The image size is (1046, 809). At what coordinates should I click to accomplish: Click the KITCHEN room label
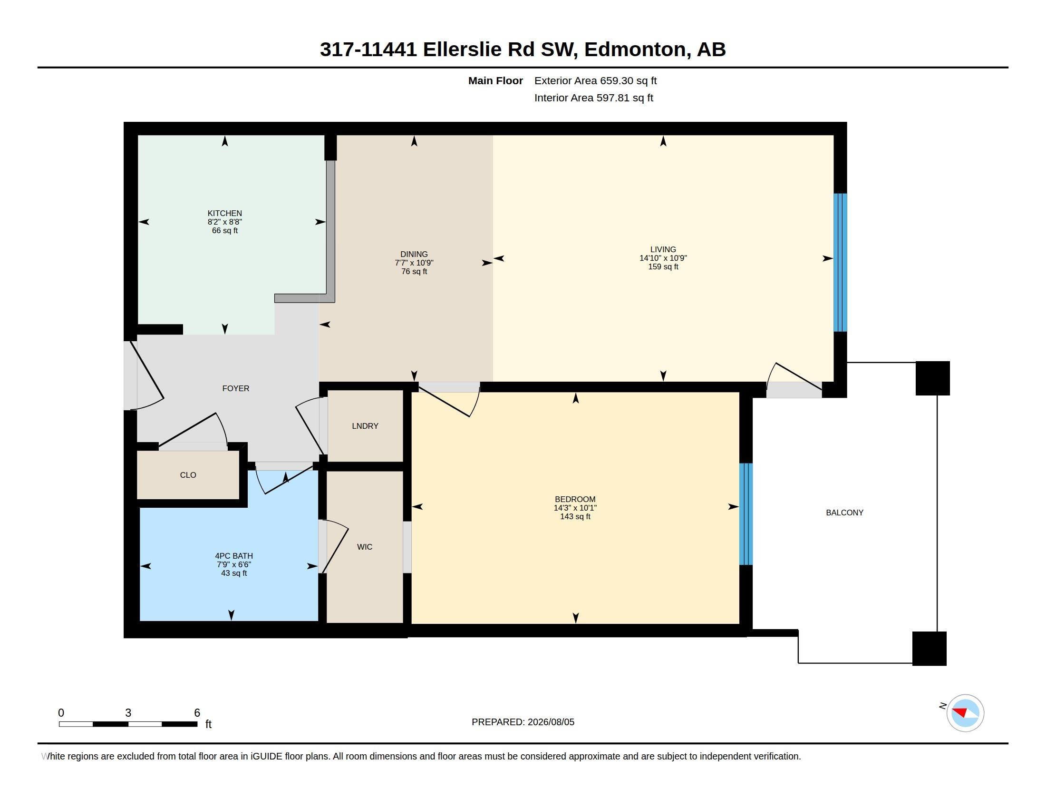(x=224, y=213)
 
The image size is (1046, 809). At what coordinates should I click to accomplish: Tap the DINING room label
(x=414, y=255)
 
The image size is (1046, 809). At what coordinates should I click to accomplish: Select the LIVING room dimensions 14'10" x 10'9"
(x=663, y=258)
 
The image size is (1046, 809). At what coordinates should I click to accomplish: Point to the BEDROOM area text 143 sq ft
(x=575, y=517)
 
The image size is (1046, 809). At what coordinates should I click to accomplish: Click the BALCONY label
(x=845, y=513)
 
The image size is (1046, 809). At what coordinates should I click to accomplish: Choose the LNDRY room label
(x=365, y=426)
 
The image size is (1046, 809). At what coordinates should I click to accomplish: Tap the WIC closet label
(x=365, y=547)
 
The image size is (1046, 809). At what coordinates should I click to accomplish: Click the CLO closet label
(x=188, y=475)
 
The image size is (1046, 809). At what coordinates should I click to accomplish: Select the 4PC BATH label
(x=234, y=556)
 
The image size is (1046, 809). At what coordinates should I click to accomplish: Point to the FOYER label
(x=236, y=388)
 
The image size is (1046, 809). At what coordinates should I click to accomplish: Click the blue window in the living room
(x=840, y=263)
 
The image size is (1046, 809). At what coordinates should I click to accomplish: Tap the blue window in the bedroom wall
(x=746, y=514)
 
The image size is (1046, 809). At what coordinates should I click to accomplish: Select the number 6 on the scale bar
(x=197, y=713)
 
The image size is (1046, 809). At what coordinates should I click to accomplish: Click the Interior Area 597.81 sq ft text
(x=593, y=98)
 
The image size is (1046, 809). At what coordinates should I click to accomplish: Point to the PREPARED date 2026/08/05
(x=551, y=722)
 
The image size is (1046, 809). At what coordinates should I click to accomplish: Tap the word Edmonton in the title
(x=635, y=49)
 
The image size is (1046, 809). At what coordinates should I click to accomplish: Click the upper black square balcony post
(x=932, y=378)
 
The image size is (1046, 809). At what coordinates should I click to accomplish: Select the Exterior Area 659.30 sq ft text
(x=595, y=80)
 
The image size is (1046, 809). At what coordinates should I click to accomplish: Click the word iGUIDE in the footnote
(x=266, y=756)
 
